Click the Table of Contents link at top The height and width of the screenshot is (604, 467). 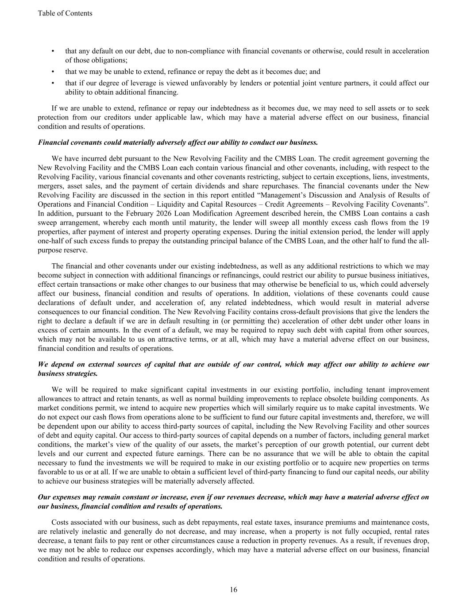(65, 13)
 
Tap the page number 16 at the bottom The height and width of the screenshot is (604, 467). (233, 589)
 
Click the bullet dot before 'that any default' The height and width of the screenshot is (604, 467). (53, 51)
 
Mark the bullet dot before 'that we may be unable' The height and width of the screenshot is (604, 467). (53, 71)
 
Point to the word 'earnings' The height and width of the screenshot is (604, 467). (203, 454)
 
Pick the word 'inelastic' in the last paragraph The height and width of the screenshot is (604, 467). (90, 531)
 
